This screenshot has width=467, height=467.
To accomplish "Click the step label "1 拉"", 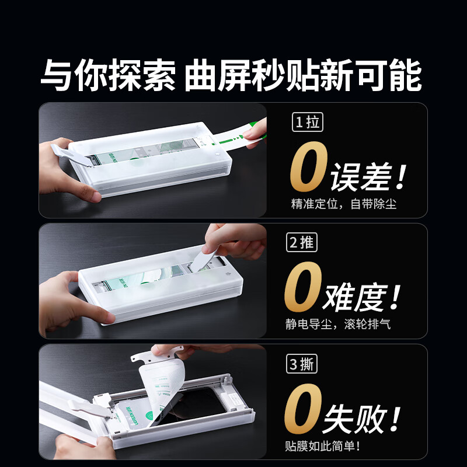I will [306, 123].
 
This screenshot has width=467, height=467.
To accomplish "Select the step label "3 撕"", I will [302, 364].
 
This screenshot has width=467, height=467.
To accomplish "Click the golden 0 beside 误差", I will [308, 168].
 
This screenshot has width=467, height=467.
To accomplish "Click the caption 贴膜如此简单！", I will [322, 446].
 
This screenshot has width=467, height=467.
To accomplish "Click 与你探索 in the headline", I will [107, 76].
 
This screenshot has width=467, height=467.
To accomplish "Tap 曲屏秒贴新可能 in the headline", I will [303, 76].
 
